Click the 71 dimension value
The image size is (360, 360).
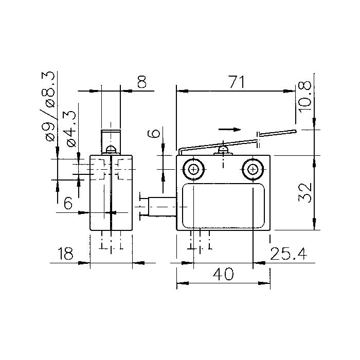pyautogui.click(x=238, y=82)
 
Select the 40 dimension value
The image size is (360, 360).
pyautogui.click(x=223, y=274)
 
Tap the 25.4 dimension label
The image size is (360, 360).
pyautogui.click(x=289, y=254)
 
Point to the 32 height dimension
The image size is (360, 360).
pyautogui.click(x=304, y=193)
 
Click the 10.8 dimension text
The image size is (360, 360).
pyautogui.click(x=304, y=97)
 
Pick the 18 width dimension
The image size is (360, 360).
pyautogui.click(x=65, y=254)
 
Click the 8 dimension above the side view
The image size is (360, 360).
pyautogui.click(x=142, y=82)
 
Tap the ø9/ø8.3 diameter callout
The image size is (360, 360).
pyautogui.click(x=49, y=106)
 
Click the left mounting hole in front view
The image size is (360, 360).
pyautogui.click(x=193, y=170)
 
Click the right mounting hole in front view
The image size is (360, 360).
pyautogui.click(x=253, y=170)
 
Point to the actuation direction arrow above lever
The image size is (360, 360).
pyautogui.click(x=229, y=130)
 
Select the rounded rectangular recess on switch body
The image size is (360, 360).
pyautogui.click(x=223, y=206)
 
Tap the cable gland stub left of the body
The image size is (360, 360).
pyautogui.click(x=162, y=207)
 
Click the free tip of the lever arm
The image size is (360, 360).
pyautogui.click(x=296, y=131)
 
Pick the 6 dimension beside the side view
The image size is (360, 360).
pyautogui.click(x=68, y=203)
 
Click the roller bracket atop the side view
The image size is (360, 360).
pyautogui.click(x=111, y=142)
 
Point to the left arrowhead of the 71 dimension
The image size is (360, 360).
pyautogui.click(x=183, y=91)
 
